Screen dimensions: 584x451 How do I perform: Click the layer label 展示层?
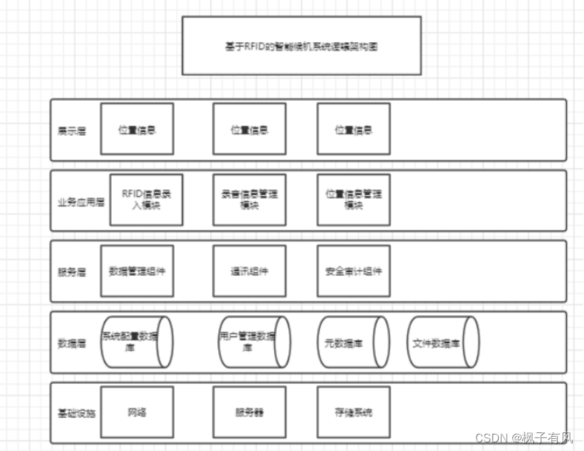(x=72, y=131)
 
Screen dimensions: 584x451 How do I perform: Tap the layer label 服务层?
(x=72, y=272)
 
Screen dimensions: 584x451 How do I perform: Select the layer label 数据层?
(x=72, y=342)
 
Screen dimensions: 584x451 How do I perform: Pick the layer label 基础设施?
(x=75, y=412)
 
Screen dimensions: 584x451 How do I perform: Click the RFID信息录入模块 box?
(x=146, y=199)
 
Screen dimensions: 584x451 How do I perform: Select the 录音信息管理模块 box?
(x=249, y=199)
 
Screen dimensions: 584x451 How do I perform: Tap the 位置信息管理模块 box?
(x=354, y=199)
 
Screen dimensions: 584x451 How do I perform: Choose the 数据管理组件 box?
(x=137, y=271)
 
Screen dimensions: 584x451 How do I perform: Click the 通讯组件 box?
(x=249, y=271)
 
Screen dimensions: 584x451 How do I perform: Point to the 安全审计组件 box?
(x=354, y=271)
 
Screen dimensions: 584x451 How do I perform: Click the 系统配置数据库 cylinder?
(x=136, y=342)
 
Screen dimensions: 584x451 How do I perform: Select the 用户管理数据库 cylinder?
(x=253, y=342)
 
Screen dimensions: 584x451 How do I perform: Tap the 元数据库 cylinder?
(x=352, y=342)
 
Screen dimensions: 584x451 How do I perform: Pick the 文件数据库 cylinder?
(x=442, y=342)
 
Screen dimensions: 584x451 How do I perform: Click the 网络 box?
(x=137, y=412)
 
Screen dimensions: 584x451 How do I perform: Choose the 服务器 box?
(x=249, y=412)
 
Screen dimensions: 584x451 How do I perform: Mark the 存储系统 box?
(x=354, y=412)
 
